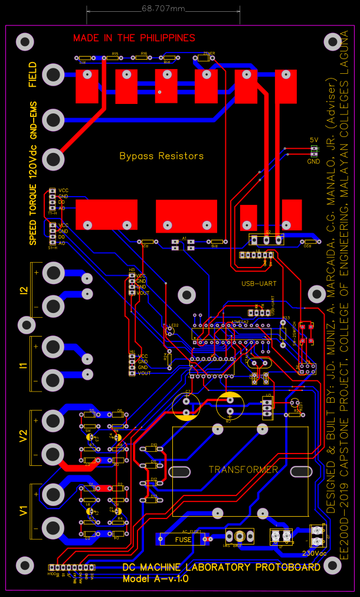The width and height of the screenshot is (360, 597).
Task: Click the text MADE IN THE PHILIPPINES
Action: [134, 38]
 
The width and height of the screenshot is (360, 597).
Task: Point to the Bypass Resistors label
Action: [161, 156]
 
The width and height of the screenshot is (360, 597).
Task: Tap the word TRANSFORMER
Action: [243, 470]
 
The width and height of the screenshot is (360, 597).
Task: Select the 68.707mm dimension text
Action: [163, 9]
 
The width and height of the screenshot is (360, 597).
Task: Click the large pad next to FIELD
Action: [53, 74]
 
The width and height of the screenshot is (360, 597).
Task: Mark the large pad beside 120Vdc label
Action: [53, 159]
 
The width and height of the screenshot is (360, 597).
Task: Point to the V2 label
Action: [24, 436]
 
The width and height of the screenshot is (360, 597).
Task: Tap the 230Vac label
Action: [314, 553]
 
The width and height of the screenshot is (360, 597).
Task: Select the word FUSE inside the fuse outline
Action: [183, 539]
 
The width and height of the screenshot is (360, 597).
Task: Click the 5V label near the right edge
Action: [314, 140]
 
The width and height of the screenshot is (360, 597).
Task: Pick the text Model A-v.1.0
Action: [155, 579]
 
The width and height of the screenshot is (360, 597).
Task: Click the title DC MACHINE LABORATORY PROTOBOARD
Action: [221, 567]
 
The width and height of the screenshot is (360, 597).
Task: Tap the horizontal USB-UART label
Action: [258, 283]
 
